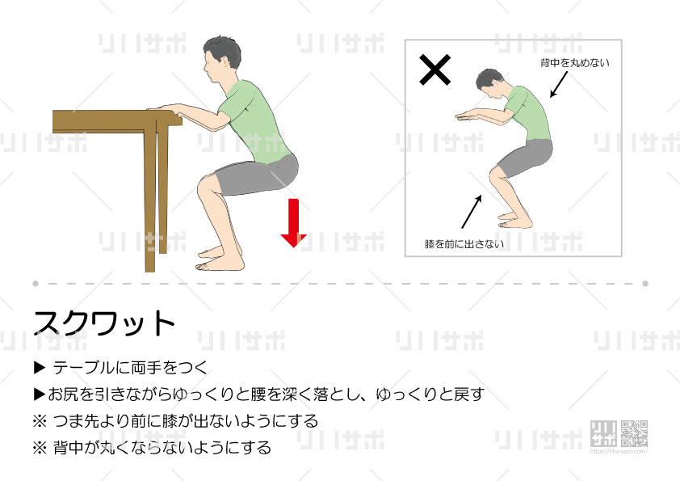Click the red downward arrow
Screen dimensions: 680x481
pos(294,222)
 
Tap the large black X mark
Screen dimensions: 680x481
pos(435,70)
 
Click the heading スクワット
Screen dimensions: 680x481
pos(104,323)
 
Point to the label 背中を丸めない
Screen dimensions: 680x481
pos(575,63)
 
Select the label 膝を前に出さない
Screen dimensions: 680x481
pos(464,244)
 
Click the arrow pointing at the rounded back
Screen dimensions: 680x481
pos(559,85)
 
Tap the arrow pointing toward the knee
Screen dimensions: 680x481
pos(472,212)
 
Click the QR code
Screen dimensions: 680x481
pos(634,433)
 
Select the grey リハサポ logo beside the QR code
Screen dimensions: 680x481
pos(603,433)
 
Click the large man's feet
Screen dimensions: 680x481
pos(219,259)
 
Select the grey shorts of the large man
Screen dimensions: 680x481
pos(256,174)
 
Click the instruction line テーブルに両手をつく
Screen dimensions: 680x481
pos(121,368)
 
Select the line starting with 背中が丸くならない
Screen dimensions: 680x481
pos(152,448)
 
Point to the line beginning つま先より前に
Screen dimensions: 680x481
pos(175,421)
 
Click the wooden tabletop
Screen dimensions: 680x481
pos(117,121)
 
